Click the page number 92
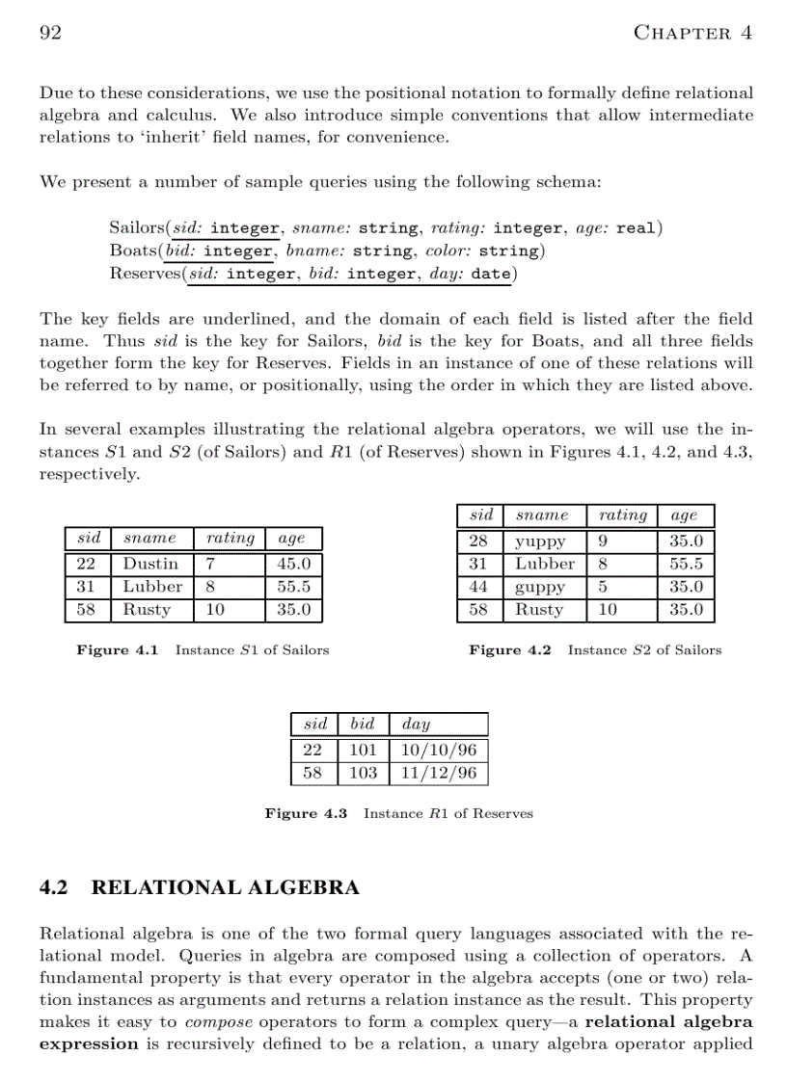coord(50,33)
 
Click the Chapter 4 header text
coord(692,33)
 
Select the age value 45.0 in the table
coord(293,564)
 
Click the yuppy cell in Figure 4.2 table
coord(540,541)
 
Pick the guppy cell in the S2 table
coord(540,587)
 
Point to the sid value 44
coord(478,587)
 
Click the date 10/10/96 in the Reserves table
coord(438,750)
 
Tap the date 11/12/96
coord(438,773)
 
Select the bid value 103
coord(363,773)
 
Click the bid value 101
coord(363,750)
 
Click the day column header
coord(416,724)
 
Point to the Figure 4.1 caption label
coord(118,650)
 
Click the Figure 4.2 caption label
coord(510,650)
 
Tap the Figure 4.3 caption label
coord(306,814)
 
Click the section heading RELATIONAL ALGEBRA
coord(225,887)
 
